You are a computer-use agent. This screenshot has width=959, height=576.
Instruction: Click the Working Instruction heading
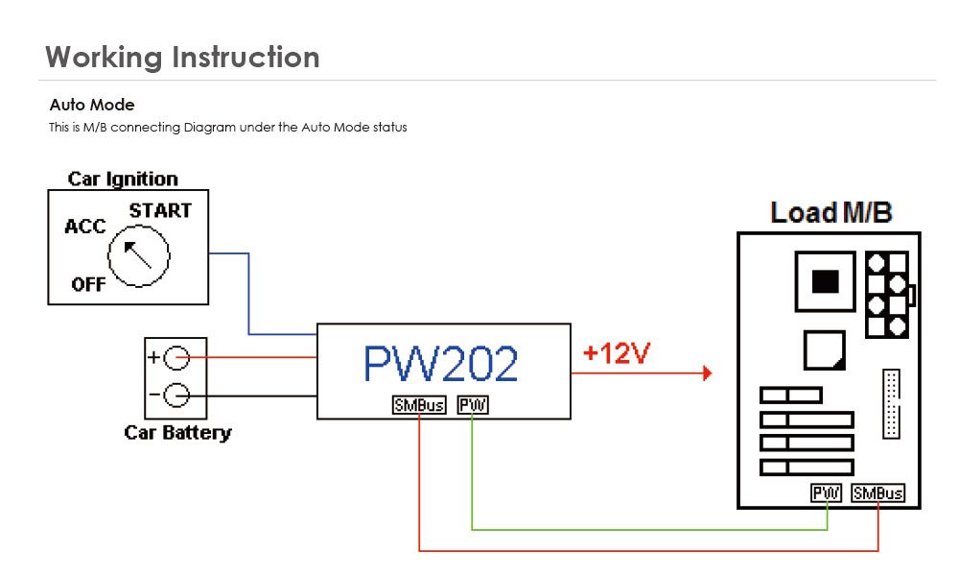click(182, 57)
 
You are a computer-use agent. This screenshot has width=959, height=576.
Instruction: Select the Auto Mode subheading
click(92, 105)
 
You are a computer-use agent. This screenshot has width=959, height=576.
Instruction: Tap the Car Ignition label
click(123, 179)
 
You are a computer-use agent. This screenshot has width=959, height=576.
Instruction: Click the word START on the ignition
click(160, 210)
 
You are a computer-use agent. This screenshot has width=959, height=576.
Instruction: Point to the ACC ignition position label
click(84, 228)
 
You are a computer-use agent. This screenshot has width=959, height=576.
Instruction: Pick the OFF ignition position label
click(88, 284)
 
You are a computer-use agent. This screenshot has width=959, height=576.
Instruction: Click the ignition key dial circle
click(138, 255)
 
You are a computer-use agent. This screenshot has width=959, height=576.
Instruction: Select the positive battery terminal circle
click(176, 358)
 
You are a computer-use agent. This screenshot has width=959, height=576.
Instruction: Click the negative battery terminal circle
click(176, 395)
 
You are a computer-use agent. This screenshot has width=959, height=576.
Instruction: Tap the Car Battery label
click(177, 432)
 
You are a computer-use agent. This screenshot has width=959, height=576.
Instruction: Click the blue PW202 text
click(440, 363)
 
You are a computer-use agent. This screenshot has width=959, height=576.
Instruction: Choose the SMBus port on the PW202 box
click(419, 405)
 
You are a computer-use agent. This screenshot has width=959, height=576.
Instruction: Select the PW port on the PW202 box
click(473, 405)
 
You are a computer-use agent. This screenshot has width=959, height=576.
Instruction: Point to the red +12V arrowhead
click(707, 372)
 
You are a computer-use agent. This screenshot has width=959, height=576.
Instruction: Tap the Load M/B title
click(830, 212)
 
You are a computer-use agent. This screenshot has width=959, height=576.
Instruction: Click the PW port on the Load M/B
click(826, 492)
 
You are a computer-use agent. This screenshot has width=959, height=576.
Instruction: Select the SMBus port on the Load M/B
click(877, 492)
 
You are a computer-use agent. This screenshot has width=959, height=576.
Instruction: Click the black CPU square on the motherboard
click(825, 281)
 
